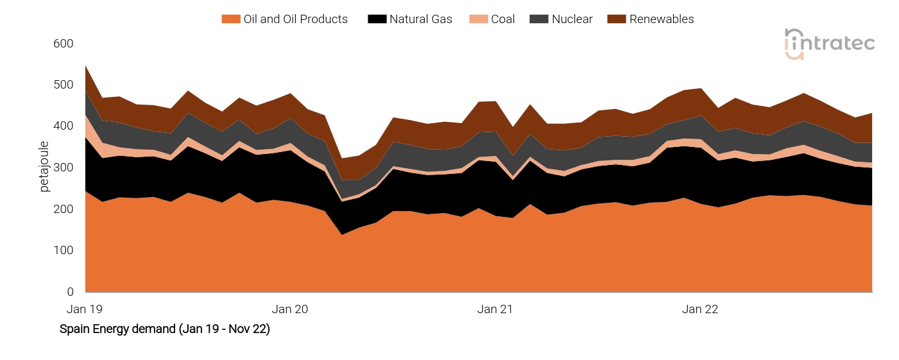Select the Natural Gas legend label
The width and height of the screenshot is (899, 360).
(420, 19)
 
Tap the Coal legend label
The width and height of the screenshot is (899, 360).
(502, 19)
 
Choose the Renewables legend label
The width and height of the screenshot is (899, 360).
(662, 19)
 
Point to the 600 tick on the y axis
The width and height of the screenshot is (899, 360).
(64, 44)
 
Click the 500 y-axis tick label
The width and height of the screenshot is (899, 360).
(64, 85)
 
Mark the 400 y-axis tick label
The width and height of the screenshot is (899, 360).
(64, 126)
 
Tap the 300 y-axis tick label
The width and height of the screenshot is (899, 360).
(64, 167)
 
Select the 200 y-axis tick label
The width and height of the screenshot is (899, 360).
(64, 209)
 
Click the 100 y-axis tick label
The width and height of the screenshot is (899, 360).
(64, 250)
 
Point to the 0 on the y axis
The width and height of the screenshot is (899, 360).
(70, 292)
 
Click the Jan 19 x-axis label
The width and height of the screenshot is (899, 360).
(85, 309)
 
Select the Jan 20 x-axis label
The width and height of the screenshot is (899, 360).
(290, 309)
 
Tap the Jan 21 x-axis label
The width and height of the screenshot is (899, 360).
(495, 309)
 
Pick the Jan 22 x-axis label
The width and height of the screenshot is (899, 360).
(700, 309)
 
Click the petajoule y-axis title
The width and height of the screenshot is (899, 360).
(44, 166)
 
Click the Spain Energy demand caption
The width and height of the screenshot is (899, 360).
(164, 329)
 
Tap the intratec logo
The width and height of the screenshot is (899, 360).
(830, 44)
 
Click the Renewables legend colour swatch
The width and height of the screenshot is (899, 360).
(619, 19)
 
